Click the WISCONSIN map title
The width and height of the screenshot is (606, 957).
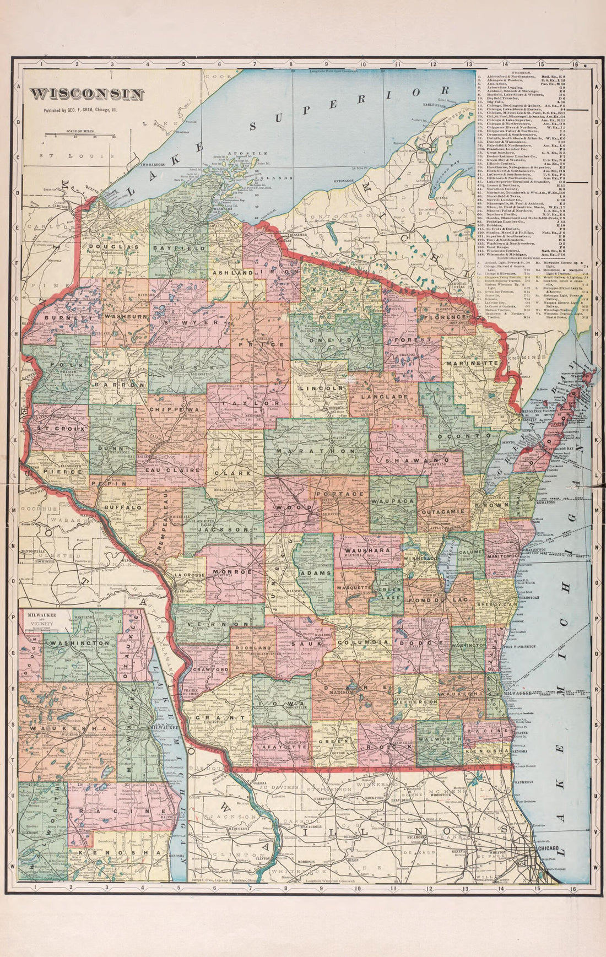coord(87,94)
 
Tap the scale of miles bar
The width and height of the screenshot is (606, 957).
coord(79,134)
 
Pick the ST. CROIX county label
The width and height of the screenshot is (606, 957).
coord(58,428)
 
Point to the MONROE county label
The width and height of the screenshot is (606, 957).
coord(235,572)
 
